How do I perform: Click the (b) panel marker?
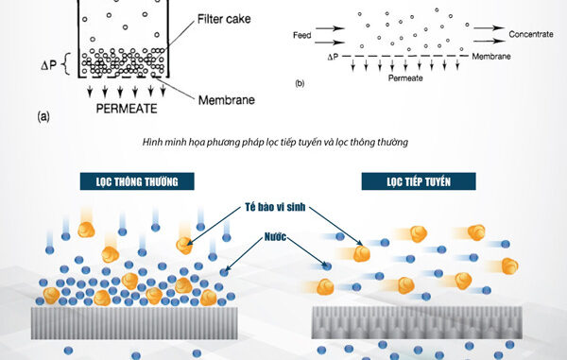pos(301,83)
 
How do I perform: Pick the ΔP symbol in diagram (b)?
pos(333,57)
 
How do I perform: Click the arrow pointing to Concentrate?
pos(490,34)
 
